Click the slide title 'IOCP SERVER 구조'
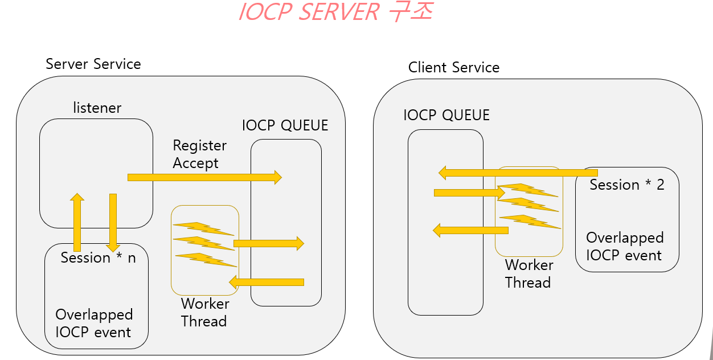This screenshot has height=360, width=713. click(335, 12)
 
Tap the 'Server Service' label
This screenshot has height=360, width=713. click(93, 64)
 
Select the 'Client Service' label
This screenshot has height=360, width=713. click(454, 68)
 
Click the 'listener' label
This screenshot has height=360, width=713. click(97, 108)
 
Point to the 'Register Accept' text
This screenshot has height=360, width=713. click(196, 154)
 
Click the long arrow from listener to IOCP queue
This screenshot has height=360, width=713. click(204, 177)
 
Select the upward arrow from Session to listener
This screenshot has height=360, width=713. click(77, 222)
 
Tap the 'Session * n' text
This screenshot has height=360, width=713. click(99, 258)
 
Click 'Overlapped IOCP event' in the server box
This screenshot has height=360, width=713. click(94, 324)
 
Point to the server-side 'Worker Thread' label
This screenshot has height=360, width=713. click(205, 313)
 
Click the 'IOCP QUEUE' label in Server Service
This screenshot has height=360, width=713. click(285, 125)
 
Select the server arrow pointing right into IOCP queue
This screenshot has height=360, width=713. click(268, 243)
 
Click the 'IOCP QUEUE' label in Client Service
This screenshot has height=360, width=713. click(446, 115)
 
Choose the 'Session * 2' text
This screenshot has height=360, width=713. click(627, 185)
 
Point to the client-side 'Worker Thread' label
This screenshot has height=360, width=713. click(528, 274)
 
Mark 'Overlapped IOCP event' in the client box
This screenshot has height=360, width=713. click(625, 247)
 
